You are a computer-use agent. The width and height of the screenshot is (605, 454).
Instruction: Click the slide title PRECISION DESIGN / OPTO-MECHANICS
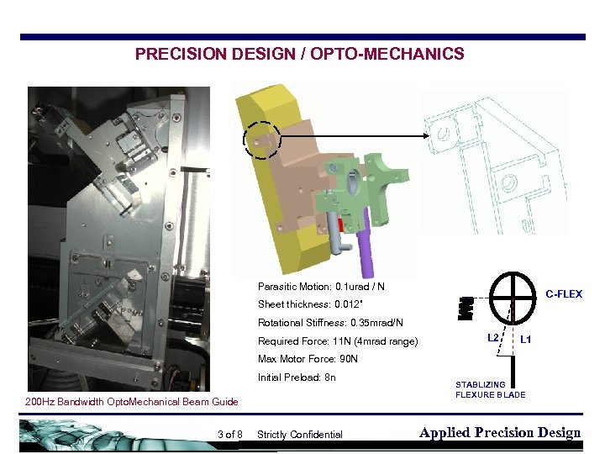coord(299,55)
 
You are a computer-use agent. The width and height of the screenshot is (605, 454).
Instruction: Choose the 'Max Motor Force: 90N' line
coord(308,359)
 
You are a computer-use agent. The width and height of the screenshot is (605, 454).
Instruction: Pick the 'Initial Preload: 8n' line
coord(297,377)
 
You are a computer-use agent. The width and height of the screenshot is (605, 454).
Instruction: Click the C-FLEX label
coord(564,294)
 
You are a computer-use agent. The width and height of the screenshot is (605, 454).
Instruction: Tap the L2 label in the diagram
coord(494,338)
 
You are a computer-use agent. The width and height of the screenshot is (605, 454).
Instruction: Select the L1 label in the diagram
coord(525,339)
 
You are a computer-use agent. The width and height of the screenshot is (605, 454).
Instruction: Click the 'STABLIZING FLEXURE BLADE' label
coord(491,389)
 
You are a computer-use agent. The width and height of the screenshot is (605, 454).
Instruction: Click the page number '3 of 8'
coord(229,435)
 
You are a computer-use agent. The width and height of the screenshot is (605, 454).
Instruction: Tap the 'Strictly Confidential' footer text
coord(299,435)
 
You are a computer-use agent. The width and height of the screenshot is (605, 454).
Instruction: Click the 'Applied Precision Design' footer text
coord(499,433)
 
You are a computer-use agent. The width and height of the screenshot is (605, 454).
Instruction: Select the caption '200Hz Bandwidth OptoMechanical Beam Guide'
coord(131,402)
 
